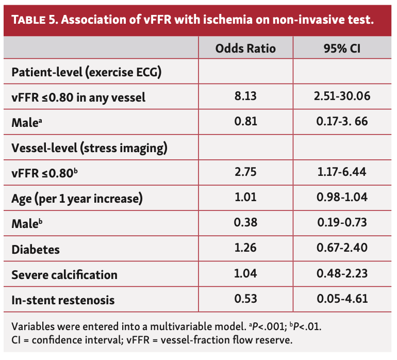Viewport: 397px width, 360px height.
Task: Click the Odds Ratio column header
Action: pyautogui.click(x=245, y=48)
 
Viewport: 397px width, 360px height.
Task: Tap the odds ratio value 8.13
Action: pyautogui.click(x=245, y=96)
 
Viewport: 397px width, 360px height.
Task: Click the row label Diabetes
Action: pyautogui.click(x=36, y=249)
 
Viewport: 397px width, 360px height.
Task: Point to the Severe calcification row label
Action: pyautogui.click(x=64, y=274)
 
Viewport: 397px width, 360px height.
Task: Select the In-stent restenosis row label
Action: pyautogui.click(x=63, y=300)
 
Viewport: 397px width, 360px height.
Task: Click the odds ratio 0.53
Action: pyautogui.click(x=245, y=300)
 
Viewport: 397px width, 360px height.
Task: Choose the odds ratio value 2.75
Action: pyautogui.click(x=245, y=173)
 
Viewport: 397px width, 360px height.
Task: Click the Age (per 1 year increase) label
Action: pyautogui.click(x=77, y=199)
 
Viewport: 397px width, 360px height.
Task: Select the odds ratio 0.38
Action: pyautogui.click(x=245, y=224)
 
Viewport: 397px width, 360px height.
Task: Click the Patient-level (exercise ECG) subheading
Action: pyautogui.click(x=87, y=72)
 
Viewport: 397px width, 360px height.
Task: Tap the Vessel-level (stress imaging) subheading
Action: pyautogui.click(x=89, y=148)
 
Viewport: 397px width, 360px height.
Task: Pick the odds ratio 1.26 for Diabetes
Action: pyautogui.click(x=245, y=249)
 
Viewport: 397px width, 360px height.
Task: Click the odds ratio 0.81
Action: pyautogui.click(x=245, y=122)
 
